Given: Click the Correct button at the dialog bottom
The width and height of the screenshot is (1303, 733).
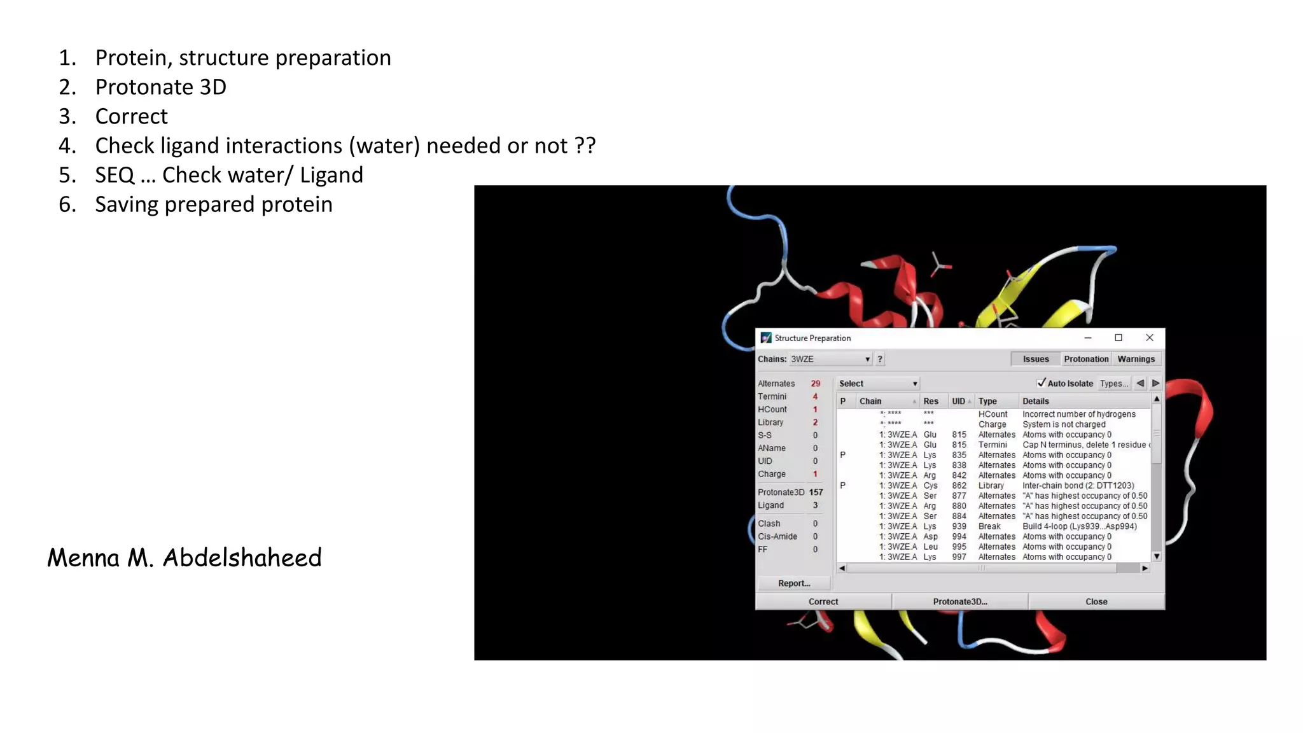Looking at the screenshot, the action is (x=823, y=601).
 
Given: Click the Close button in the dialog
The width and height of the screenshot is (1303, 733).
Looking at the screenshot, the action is (x=1096, y=601).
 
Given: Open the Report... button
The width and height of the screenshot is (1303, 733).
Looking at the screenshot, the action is (x=794, y=583).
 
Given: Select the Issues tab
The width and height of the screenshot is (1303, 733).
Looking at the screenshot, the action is (x=1036, y=359).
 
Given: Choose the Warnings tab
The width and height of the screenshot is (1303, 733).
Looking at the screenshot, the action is (x=1136, y=359).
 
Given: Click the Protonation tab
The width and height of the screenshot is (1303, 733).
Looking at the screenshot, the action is (x=1086, y=359).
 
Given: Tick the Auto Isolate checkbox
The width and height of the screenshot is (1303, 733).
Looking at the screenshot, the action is (x=1042, y=383).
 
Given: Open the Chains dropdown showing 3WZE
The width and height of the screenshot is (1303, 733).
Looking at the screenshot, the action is (x=830, y=359).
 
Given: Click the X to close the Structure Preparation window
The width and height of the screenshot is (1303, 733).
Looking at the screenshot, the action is (x=1149, y=338).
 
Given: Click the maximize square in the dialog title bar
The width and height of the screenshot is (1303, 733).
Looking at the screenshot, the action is (x=1118, y=338).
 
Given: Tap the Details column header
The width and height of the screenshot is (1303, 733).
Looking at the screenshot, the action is (x=1036, y=401).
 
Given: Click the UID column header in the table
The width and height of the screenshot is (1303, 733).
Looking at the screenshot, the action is (x=958, y=401).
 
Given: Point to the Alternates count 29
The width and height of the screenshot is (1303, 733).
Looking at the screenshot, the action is (x=816, y=383).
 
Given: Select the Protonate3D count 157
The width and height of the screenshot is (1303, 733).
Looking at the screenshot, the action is (x=816, y=492).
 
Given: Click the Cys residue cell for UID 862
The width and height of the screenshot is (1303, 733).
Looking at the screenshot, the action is (x=930, y=485).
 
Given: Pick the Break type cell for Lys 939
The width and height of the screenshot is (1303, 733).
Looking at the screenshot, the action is (x=989, y=526).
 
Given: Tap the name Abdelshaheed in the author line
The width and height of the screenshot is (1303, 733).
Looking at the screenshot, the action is (x=242, y=557).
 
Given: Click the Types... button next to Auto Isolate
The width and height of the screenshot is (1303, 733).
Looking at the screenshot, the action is (x=1114, y=383).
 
